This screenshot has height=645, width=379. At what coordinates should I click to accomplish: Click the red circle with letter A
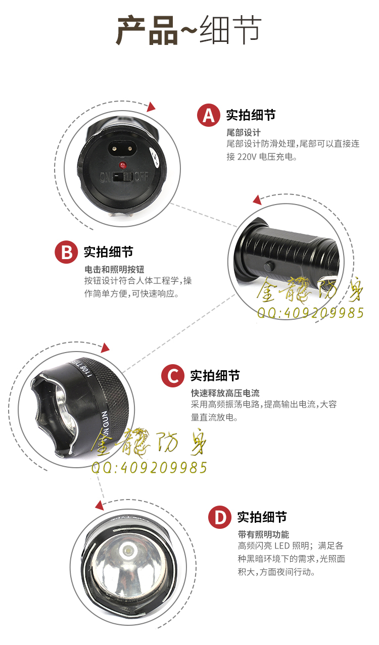click(x=208, y=115)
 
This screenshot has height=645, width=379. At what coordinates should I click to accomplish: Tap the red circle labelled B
click(x=66, y=252)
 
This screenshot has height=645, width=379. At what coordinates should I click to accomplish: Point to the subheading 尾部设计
click(x=244, y=133)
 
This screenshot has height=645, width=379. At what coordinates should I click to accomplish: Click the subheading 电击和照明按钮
click(x=114, y=270)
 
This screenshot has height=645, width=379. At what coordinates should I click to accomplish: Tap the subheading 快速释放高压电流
click(x=225, y=393)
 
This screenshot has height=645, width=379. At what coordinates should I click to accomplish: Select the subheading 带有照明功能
click(x=263, y=534)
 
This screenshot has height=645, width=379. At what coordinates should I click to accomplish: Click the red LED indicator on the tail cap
click(x=122, y=166)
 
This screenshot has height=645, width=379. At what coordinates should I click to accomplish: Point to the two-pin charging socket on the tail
click(x=123, y=149)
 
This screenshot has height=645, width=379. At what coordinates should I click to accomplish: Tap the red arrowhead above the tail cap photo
click(x=151, y=107)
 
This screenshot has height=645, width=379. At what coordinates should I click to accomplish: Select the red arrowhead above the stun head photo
click(x=105, y=348)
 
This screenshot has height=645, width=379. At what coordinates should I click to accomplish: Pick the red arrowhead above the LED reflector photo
click(x=100, y=506)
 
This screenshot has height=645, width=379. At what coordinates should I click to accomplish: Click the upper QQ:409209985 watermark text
click(x=310, y=313)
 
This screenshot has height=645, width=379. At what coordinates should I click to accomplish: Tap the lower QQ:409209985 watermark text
click(x=149, y=467)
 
